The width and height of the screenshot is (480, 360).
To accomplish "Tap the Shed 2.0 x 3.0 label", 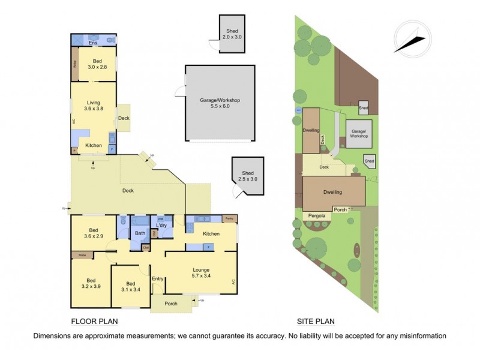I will click(232, 34).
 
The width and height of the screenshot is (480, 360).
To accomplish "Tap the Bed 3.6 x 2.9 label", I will click(93, 233).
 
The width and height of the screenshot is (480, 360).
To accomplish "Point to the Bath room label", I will click(140, 233).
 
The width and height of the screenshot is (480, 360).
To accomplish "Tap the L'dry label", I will click(161, 225).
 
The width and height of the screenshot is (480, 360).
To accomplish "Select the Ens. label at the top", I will click(93, 43).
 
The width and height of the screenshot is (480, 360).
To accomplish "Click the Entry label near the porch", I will click(157, 278).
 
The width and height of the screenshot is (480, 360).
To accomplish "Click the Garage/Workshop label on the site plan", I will click(359, 133).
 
